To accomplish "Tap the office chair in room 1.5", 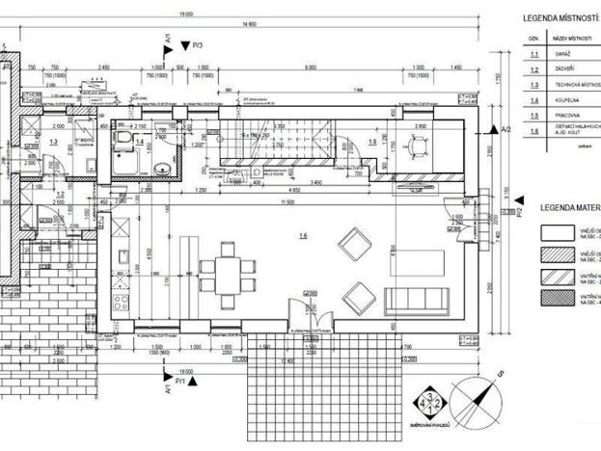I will [419, 147].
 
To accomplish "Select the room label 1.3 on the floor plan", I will [52, 142].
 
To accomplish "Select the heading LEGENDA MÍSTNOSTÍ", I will [560, 18].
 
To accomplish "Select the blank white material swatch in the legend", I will [559, 231].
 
